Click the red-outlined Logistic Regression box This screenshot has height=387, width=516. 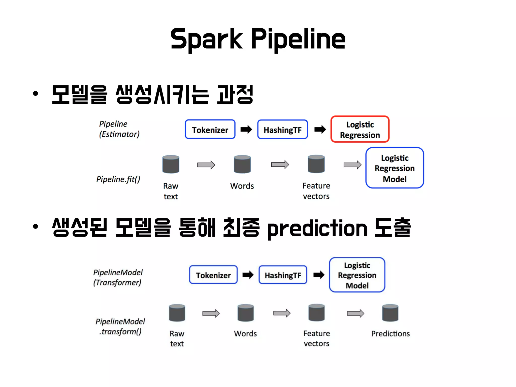360,130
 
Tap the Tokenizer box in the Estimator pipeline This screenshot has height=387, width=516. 210,130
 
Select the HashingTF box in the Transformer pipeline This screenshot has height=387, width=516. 283,275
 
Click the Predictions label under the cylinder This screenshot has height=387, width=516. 390,334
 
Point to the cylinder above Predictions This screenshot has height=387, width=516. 390,313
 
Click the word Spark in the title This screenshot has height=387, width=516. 207,40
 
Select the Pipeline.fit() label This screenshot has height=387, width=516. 118,179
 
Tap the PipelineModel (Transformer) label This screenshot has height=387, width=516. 118,277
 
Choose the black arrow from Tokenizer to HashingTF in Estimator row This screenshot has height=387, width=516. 246,130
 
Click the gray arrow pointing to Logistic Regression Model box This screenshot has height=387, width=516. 352,165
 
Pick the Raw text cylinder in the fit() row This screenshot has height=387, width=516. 171,164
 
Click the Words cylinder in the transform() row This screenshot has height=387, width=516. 245,313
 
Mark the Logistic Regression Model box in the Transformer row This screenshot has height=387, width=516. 357,275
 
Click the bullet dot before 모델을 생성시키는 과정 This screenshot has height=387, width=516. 36,93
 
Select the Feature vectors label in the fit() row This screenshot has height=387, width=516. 316,191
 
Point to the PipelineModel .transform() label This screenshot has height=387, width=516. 120,326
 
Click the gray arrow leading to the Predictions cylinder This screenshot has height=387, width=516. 356,313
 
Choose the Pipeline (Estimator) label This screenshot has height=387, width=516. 119,129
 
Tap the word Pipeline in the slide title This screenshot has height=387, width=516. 298,40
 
